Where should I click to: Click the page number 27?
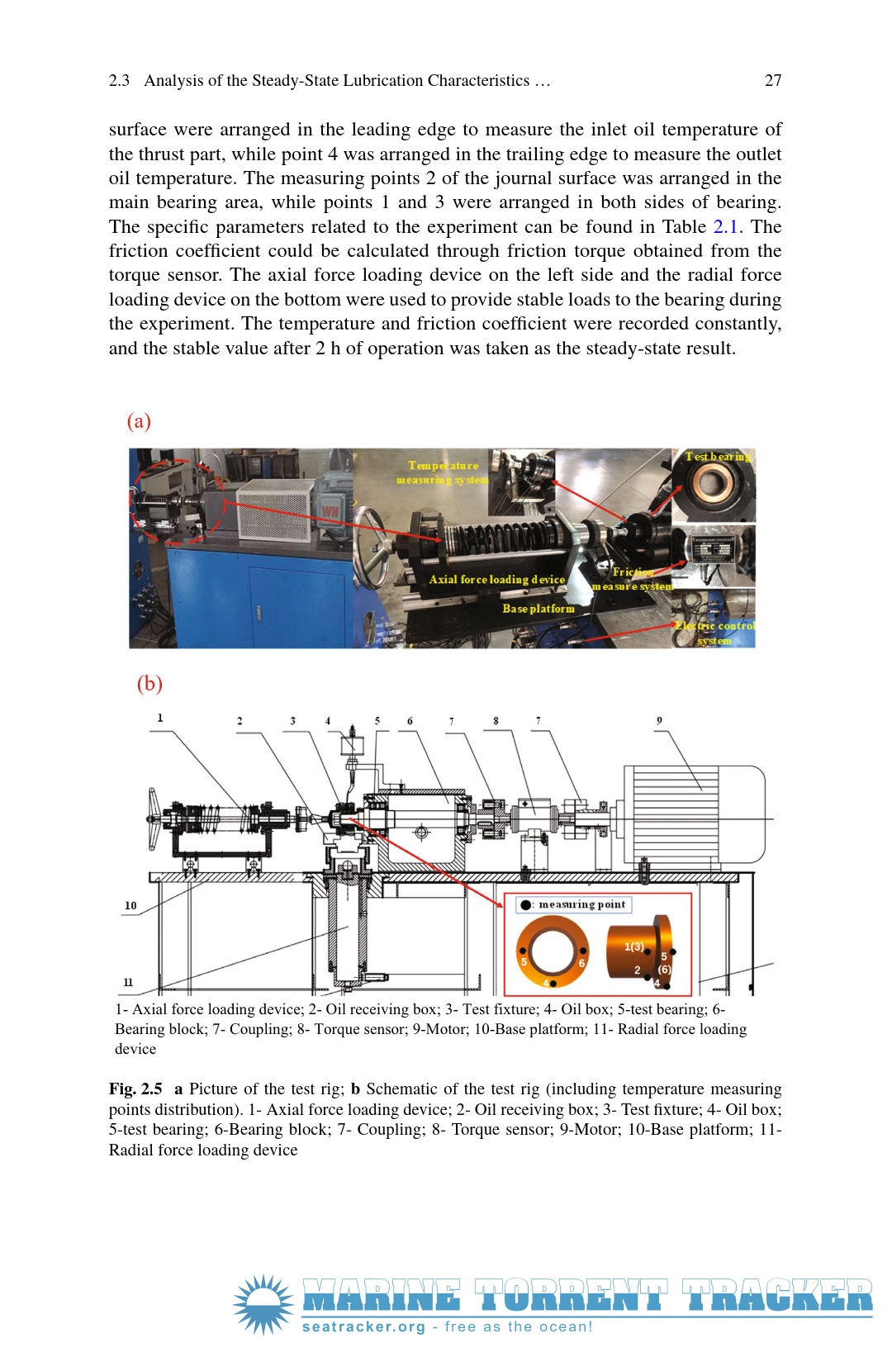click(x=772, y=80)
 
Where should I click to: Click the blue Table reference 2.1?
click(x=725, y=226)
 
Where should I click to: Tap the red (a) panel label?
click(x=139, y=420)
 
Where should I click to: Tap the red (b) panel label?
click(x=149, y=683)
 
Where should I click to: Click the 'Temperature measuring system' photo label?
click(x=443, y=472)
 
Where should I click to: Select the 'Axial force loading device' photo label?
click(x=496, y=580)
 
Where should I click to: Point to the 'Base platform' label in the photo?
click(x=539, y=609)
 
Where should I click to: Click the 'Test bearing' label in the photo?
click(x=719, y=456)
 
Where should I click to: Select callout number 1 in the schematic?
click(x=160, y=718)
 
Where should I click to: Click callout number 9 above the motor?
click(x=659, y=720)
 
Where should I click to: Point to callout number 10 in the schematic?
click(x=130, y=905)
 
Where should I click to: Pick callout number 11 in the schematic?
click(x=128, y=982)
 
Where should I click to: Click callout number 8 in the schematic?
click(x=496, y=720)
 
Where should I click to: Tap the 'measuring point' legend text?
click(x=581, y=904)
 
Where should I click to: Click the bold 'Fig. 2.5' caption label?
click(x=135, y=1089)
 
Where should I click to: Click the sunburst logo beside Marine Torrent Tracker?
click(x=263, y=1304)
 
